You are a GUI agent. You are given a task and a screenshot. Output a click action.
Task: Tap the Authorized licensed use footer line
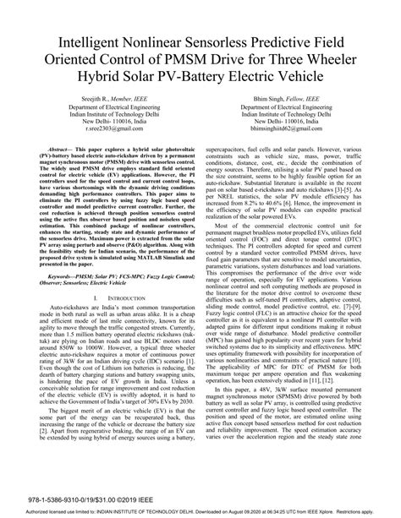(200, 511)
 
